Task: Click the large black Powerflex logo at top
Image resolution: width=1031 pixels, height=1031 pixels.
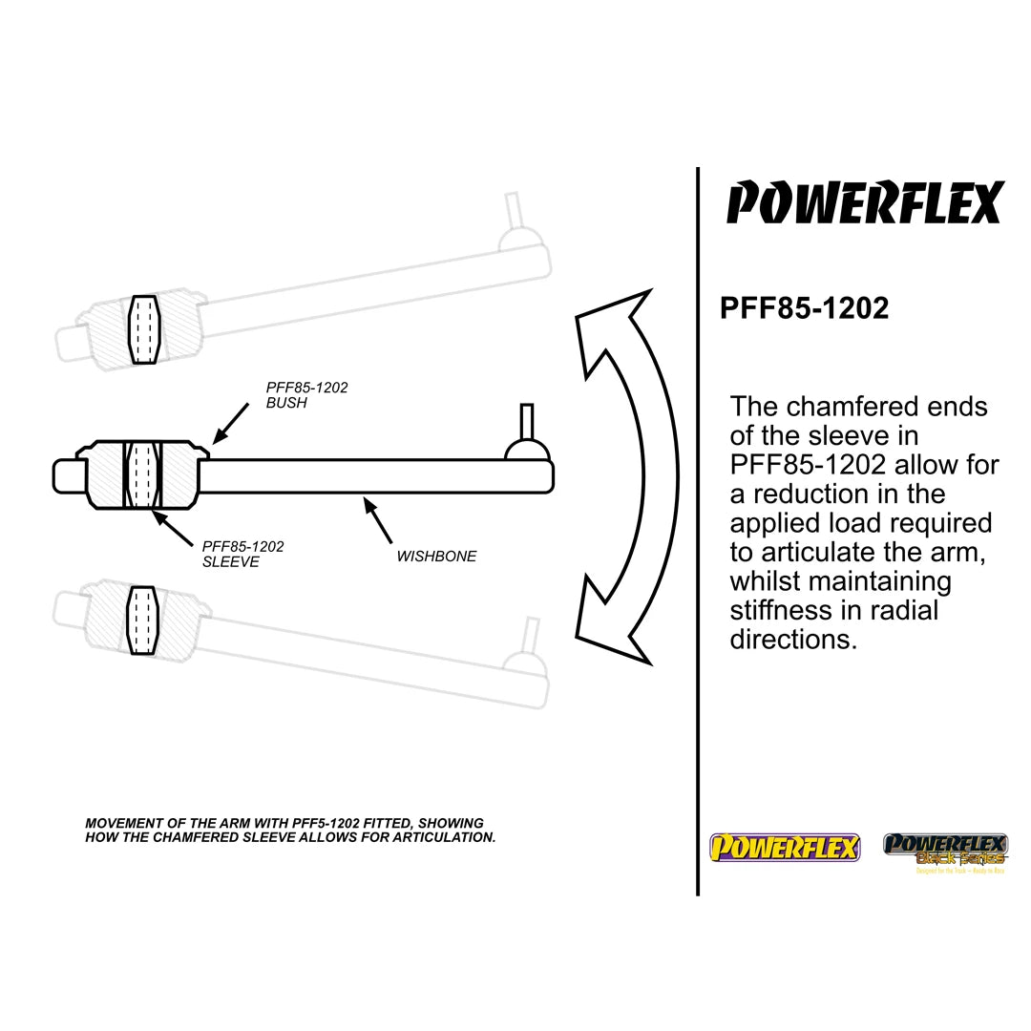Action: click(864, 202)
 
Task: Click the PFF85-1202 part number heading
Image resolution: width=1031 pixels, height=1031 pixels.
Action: click(804, 308)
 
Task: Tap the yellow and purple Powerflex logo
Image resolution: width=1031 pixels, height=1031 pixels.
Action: click(784, 847)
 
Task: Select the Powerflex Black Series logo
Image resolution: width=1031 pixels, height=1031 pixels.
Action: click(944, 850)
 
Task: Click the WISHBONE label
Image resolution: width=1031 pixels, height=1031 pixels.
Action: click(436, 556)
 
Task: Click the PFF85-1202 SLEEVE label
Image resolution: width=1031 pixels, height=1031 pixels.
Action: click(242, 554)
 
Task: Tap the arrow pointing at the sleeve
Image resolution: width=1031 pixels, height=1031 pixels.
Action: click(173, 531)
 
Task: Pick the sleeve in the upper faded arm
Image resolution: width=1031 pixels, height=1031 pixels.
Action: click(145, 329)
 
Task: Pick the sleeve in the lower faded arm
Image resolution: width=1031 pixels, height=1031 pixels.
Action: click(141, 621)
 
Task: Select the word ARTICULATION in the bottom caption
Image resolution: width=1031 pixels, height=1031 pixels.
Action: click(448, 837)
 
